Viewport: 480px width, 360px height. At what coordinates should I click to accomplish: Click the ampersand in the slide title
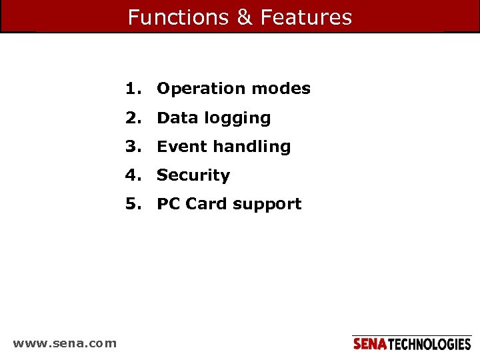pos(245,17)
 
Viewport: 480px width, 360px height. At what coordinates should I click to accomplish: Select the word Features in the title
pos(306,17)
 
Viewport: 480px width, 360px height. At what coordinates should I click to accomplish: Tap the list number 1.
pos(133,89)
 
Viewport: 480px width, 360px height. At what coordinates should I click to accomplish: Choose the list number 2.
pos(133,118)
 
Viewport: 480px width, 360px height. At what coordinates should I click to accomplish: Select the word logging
pos(237,119)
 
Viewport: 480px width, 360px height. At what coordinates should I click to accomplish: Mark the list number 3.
pos(133,147)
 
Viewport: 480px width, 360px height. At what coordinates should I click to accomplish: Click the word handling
pos(251,147)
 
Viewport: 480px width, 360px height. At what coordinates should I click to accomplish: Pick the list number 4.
pos(133,175)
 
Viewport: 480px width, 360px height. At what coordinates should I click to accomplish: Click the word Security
pos(193,175)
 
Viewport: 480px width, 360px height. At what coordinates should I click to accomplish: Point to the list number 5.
pos(133,204)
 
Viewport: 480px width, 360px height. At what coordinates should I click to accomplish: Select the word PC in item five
pos(169,204)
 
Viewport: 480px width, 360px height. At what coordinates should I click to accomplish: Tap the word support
pos(267,205)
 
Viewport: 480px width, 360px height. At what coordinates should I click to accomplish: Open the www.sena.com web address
pos(65,343)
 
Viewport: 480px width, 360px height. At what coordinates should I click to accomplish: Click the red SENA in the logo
pos(369,344)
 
